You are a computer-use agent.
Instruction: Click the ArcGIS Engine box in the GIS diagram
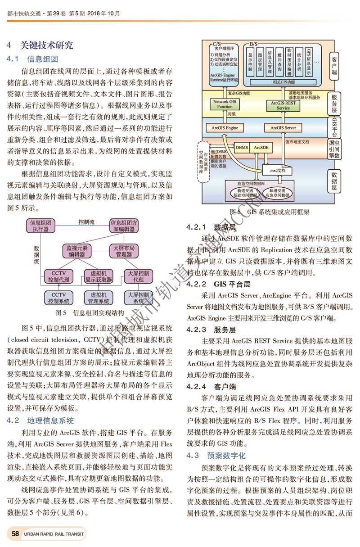click(x=225, y=128)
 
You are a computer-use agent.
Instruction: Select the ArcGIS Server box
click(x=283, y=128)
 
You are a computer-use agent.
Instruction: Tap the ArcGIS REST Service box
click(x=283, y=105)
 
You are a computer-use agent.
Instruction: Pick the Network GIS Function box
click(x=225, y=104)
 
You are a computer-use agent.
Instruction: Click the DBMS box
click(x=242, y=147)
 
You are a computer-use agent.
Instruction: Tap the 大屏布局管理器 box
click(x=124, y=251)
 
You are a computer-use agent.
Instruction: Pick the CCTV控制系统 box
click(x=59, y=298)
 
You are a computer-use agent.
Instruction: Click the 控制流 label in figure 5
click(x=86, y=222)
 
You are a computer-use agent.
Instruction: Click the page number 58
click(x=15, y=534)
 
